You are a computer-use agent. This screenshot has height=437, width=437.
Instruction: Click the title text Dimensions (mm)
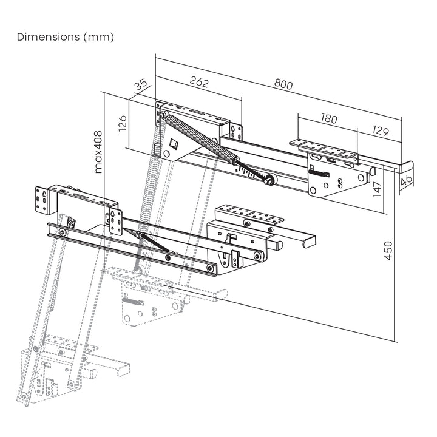click(66, 37)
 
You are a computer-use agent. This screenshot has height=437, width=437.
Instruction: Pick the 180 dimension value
click(328, 119)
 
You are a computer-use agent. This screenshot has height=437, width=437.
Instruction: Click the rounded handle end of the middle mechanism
click(308, 241)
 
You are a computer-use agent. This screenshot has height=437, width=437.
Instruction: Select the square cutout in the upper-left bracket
click(174, 143)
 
